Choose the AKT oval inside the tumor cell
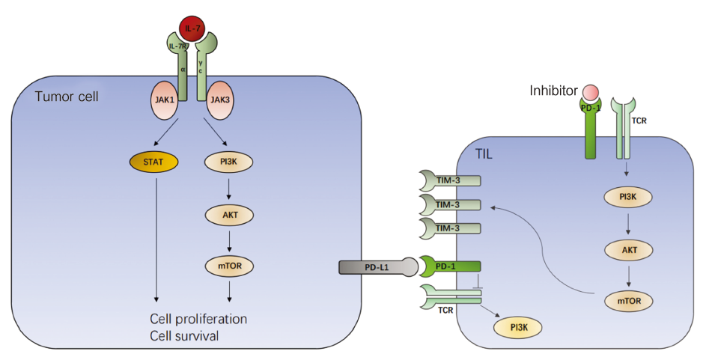(228, 213)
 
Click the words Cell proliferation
(199, 319)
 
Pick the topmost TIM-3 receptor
(448, 180)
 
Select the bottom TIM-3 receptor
(448, 226)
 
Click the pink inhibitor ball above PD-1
(589, 94)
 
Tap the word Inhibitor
(553, 91)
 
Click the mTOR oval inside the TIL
(627, 301)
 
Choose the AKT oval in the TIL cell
(627, 251)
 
